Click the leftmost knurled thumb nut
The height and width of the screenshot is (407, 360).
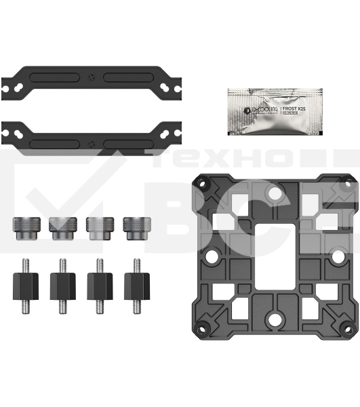click(x=24, y=228)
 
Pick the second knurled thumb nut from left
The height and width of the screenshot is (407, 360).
click(x=62, y=228)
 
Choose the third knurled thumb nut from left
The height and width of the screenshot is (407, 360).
click(x=98, y=228)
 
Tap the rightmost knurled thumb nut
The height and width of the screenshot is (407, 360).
click(x=135, y=228)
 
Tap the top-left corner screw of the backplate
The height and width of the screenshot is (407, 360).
click(x=201, y=181)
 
